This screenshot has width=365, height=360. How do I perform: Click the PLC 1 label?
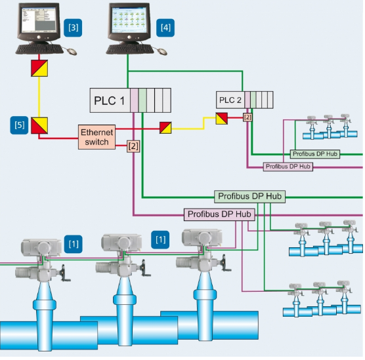(x=109, y=101)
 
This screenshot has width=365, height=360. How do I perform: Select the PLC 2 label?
(x=230, y=100)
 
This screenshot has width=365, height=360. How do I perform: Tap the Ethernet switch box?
(x=97, y=137)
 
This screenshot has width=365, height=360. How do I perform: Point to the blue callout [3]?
(x=73, y=28)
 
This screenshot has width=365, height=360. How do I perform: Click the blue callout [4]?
(x=165, y=28)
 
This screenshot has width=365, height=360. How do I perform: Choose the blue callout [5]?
(x=19, y=125)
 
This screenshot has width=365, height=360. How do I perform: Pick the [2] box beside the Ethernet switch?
(x=133, y=146)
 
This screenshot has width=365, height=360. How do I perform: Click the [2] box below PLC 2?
(x=247, y=117)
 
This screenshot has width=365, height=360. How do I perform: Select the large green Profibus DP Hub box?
(x=249, y=197)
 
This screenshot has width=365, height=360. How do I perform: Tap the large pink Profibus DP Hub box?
(x=219, y=214)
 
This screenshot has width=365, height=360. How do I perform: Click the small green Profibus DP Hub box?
(x=315, y=154)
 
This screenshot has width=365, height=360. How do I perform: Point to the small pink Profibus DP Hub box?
(x=288, y=167)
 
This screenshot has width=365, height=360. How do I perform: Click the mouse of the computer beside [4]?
(x=162, y=51)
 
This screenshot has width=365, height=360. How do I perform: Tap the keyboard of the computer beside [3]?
(x=39, y=49)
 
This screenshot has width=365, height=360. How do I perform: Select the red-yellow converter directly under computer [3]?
(x=39, y=68)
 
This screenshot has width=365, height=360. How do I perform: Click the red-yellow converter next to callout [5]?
(x=39, y=126)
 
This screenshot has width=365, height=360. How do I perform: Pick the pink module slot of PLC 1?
(x=134, y=100)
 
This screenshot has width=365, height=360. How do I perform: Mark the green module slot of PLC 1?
(x=142, y=100)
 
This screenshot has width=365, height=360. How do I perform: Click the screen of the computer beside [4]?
(x=129, y=20)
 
